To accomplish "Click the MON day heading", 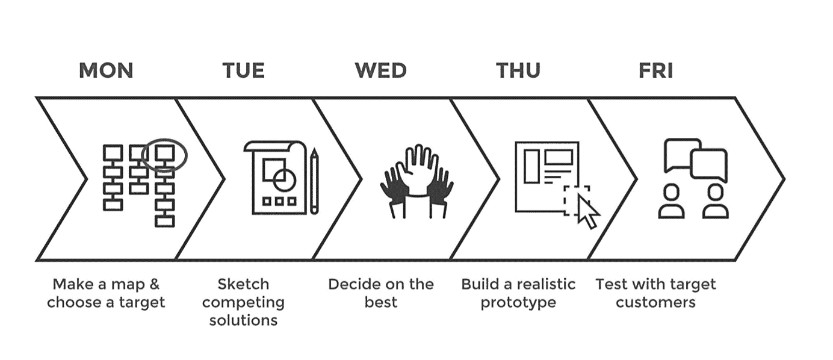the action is [x=106, y=70].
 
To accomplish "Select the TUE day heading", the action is [x=243, y=70].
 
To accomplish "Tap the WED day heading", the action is [x=380, y=70].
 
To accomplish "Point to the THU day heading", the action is [x=518, y=70].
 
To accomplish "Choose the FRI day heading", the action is [x=655, y=70].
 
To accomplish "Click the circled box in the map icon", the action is [x=164, y=154].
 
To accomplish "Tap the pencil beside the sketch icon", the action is [x=314, y=181].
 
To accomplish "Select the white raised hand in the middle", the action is [x=416, y=172].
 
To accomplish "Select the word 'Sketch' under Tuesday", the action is [x=243, y=284].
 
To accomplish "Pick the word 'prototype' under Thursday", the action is [x=518, y=302].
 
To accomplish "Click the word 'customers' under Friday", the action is [x=655, y=302].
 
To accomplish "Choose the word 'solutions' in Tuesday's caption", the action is [x=243, y=320].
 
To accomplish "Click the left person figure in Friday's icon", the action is [x=671, y=202].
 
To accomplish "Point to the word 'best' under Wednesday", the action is [x=380, y=302].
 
